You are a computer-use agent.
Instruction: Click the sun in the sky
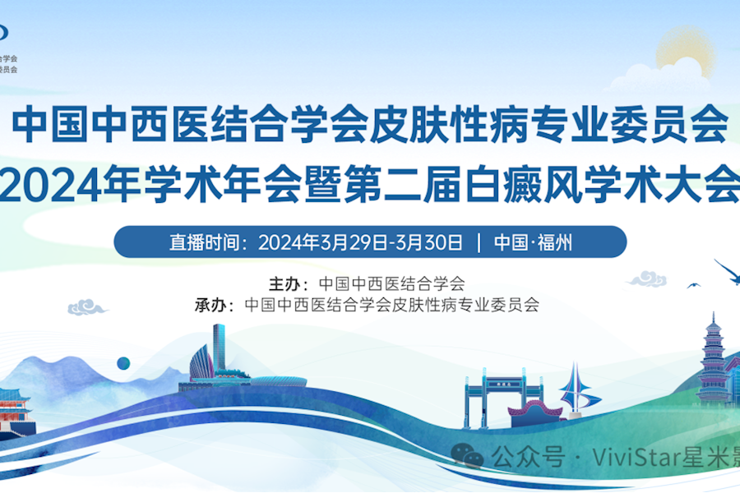[683, 51]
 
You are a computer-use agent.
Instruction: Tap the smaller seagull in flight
[693, 285]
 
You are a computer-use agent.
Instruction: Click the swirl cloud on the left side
[86, 308]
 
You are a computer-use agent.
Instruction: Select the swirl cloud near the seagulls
[647, 279]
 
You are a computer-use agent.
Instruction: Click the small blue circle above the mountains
[123, 363]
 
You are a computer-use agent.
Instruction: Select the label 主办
[285, 284]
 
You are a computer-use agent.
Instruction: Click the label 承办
[211, 306]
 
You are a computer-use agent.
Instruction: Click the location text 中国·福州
[533, 242]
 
